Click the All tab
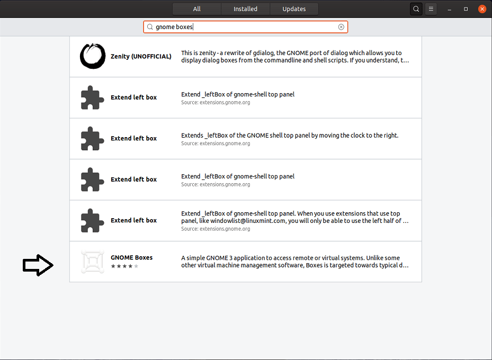(196, 9)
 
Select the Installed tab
(246, 9)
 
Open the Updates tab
(294, 9)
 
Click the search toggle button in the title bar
(416, 9)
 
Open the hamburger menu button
(431, 9)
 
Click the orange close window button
(482, 9)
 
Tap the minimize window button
(449, 9)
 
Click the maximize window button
(466, 9)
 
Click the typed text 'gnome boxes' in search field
(174, 27)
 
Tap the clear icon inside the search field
(341, 27)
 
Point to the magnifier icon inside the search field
(150, 27)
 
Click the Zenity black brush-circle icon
(93, 56)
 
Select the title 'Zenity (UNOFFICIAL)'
(141, 57)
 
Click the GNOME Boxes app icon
(93, 262)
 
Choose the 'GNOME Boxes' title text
(131, 258)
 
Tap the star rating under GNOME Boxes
(124, 266)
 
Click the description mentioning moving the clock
(290, 136)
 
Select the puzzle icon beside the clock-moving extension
(93, 139)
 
